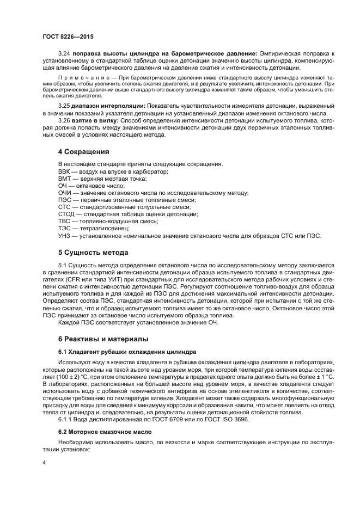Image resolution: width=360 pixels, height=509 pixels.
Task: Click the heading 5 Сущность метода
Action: coord(93,253)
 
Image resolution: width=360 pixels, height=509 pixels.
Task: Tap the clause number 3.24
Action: coord(64,53)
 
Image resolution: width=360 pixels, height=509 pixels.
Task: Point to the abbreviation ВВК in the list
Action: coord(64,171)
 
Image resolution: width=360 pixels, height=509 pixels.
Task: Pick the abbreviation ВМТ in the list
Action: coord(64,179)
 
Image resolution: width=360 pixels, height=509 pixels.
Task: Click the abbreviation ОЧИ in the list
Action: coord(65,193)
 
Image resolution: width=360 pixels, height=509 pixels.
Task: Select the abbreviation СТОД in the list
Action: coord(66,214)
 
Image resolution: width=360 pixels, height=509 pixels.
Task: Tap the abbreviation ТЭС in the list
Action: coord(64,228)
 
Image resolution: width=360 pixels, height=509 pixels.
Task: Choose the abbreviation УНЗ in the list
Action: coord(64,235)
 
